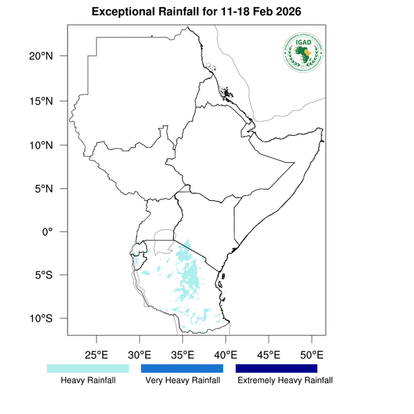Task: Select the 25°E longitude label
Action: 97,355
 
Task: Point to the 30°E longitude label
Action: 139,355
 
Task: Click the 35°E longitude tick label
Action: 183,355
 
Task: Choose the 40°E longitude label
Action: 226,355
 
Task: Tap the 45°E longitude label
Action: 269,355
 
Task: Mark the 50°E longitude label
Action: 312,355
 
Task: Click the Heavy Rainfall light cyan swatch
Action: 88,368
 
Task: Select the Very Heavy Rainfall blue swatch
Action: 182,368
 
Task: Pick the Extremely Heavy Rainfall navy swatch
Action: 276,368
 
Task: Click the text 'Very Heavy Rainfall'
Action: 182,381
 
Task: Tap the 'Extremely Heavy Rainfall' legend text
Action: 284,381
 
